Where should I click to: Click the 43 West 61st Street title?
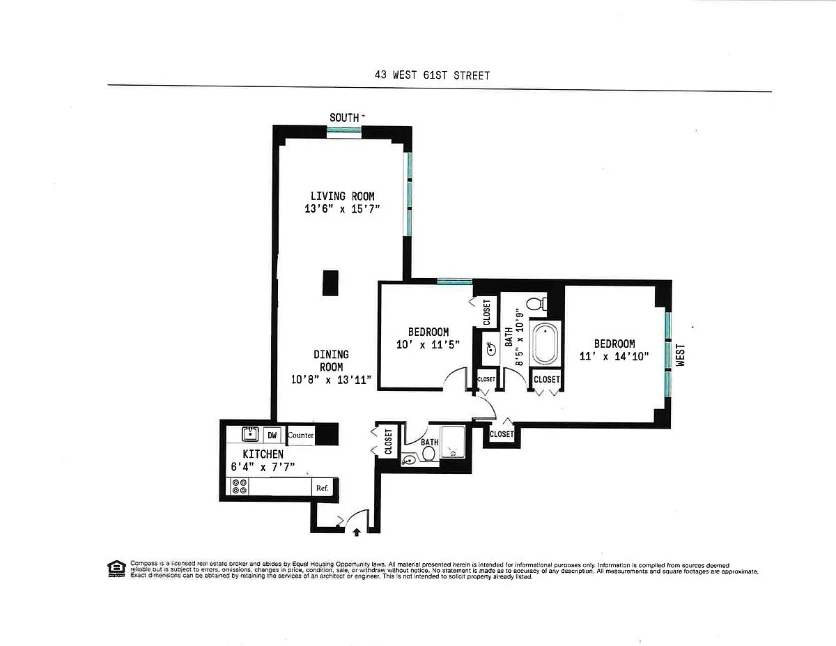(432, 75)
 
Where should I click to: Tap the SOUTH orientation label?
(344, 118)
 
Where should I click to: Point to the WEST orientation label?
(680, 355)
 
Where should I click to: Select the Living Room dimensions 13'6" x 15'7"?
(342, 209)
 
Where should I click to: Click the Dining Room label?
(331, 360)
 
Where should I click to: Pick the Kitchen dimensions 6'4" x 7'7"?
(263, 467)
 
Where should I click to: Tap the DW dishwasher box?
(272, 435)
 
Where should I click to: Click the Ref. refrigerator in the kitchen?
(323, 488)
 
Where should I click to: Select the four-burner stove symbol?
(239, 486)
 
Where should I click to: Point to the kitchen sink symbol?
(250, 434)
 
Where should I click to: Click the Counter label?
(300, 435)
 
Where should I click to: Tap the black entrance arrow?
(357, 532)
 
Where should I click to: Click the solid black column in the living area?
(330, 283)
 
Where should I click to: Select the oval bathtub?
(545, 344)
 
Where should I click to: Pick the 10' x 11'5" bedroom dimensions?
(428, 344)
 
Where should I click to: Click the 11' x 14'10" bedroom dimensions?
(614, 356)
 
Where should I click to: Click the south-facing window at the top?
(344, 130)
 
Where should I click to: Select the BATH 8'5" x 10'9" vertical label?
(514, 337)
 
